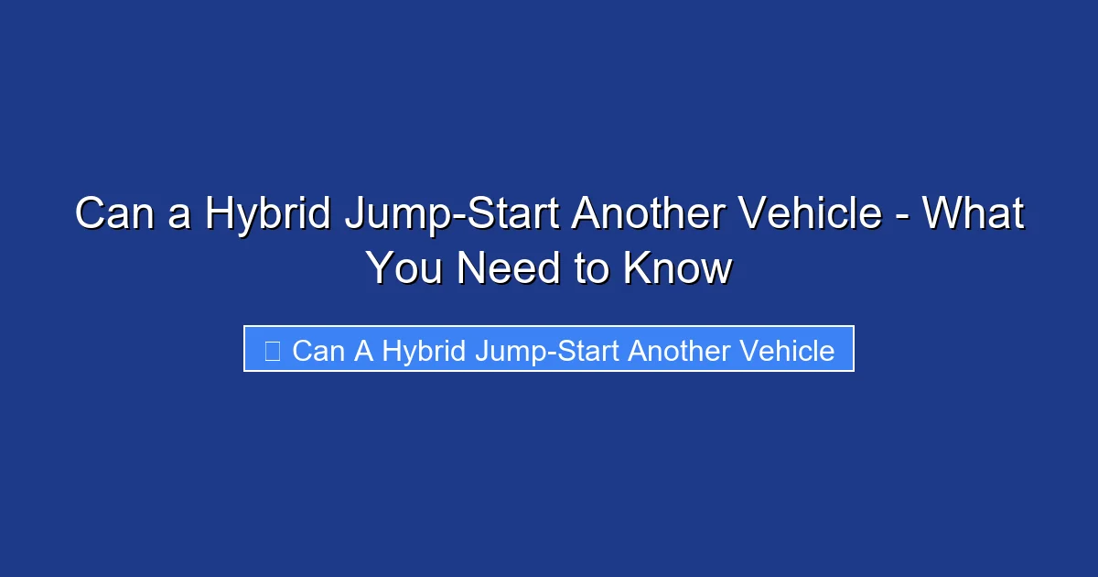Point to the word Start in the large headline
point(513,214)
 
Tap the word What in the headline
point(973,214)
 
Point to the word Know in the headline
point(678,268)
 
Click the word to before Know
point(592,268)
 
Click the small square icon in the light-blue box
point(272,351)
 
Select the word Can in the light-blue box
point(317,351)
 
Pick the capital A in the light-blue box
point(362,351)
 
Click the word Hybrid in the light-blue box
point(425,351)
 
